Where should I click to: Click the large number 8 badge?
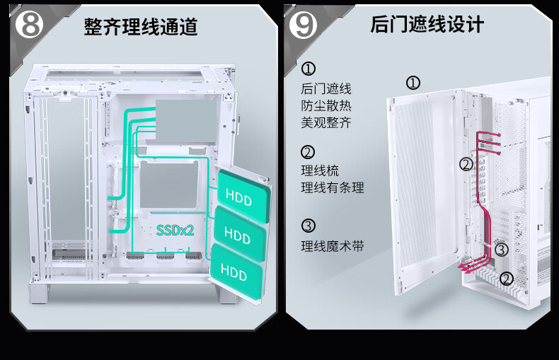[x=29, y=24]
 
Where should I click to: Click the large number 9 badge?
[x=303, y=25]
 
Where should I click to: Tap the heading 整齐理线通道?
[x=141, y=27]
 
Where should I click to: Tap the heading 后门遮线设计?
[x=427, y=25]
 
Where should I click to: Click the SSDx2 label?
[x=175, y=231]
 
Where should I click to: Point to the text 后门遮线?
[x=325, y=88]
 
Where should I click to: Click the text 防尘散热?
[x=325, y=105]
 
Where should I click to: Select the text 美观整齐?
[x=325, y=122]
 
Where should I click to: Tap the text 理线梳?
[x=320, y=170]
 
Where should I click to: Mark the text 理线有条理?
[x=333, y=187]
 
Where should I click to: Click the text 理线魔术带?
[x=333, y=246]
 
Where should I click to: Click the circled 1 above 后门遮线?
[x=309, y=69]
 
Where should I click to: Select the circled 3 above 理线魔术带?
[x=309, y=226]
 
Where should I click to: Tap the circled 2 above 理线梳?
[x=308, y=152]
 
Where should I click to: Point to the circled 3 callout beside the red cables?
[x=501, y=250]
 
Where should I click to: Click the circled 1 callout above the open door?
[x=413, y=83]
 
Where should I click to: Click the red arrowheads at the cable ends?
[x=465, y=267]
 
